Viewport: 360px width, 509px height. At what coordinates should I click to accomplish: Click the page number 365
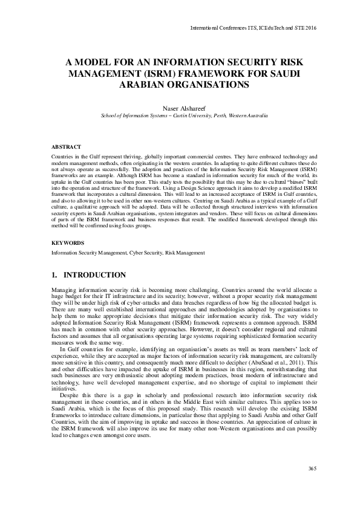click(x=312, y=468)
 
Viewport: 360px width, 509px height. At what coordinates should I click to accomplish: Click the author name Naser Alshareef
click(x=180, y=107)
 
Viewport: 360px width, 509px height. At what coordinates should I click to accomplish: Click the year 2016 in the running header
click(x=309, y=28)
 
